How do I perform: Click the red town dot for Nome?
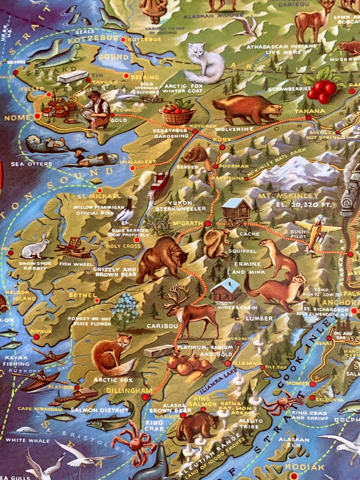pos(37,116)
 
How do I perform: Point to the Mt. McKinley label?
pos(289,196)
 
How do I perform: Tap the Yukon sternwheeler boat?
pos(158,184)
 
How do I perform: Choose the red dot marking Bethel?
pos(96,300)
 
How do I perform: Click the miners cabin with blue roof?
pos(225,290)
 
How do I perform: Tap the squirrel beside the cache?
pos(215,242)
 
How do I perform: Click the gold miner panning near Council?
pos(97,108)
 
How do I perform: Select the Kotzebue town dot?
pos(123,40)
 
